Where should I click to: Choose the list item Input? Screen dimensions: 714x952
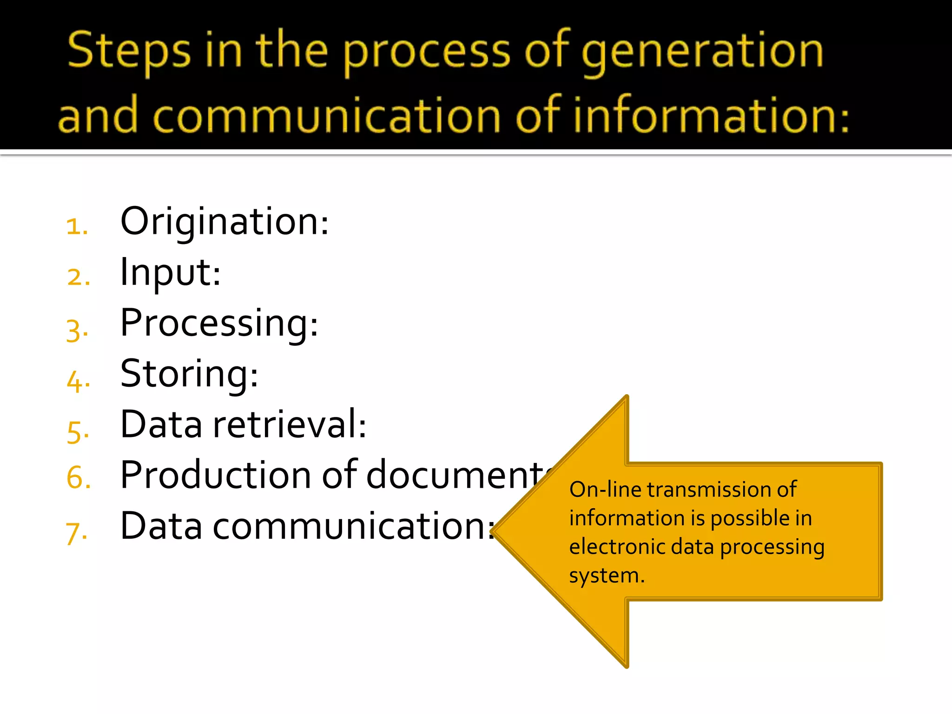pyautogui.click(x=170, y=273)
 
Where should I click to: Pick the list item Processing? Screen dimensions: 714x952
pyautogui.click(x=219, y=324)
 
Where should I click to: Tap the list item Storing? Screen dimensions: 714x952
pyautogui.click(x=189, y=374)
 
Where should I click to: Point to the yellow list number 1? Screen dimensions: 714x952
pyautogui.click(x=76, y=226)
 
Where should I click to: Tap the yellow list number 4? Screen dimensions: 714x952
pyautogui.click(x=77, y=381)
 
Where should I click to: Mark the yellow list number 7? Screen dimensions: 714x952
pyautogui.click(x=76, y=532)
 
